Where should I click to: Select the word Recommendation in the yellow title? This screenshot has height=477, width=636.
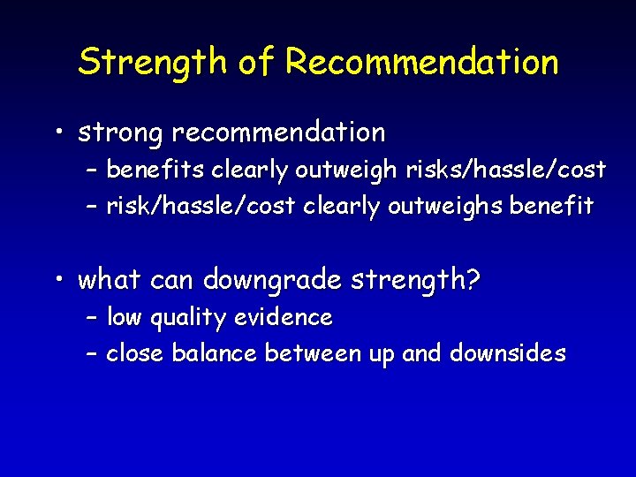[422, 63]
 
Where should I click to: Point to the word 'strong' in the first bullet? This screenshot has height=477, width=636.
[121, 133]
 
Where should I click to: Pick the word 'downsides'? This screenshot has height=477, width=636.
[508, 354]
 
